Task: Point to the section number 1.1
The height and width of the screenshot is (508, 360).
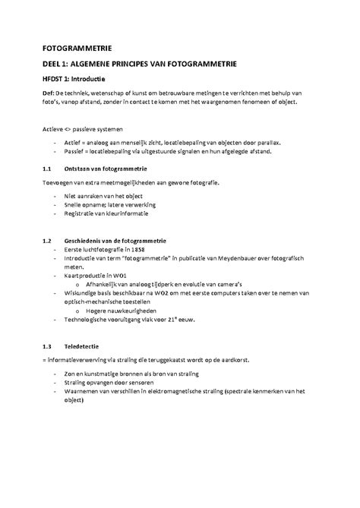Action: (47, 169)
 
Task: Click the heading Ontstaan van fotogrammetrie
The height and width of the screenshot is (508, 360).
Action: (106, 169)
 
